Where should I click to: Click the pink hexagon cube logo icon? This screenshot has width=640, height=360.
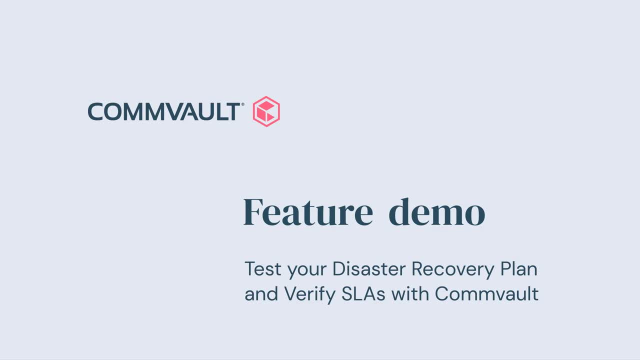[x=266, y=111]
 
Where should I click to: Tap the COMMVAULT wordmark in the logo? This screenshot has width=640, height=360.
[x=164, y=111]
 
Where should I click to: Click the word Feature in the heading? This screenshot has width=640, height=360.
[x=308, y=212]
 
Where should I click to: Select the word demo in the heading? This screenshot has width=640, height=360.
[x=437, y=212]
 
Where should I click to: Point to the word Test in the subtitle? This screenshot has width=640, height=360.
[x=263, y=269]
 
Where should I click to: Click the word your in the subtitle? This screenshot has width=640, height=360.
[x=307, y=271]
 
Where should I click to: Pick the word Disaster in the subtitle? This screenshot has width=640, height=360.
[x=369, y=269]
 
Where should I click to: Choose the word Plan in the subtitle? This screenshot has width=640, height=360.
[x=519, y=269]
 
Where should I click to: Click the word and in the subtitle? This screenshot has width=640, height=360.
[x=261, y=293]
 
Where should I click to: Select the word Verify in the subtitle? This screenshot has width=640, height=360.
[x=310, y=295]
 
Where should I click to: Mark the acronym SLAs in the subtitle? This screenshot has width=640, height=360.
[x=363, y=293]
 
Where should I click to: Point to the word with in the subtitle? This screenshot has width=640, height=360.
[x=410, y=293]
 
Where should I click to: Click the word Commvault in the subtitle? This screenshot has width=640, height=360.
[x=487, y=293]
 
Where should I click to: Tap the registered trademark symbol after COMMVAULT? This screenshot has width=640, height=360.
[x=243, y=104]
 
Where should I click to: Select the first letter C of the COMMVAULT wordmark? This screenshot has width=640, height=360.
[x=95, y=111]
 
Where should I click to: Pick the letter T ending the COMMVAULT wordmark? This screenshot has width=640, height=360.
[x=233, y=111]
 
